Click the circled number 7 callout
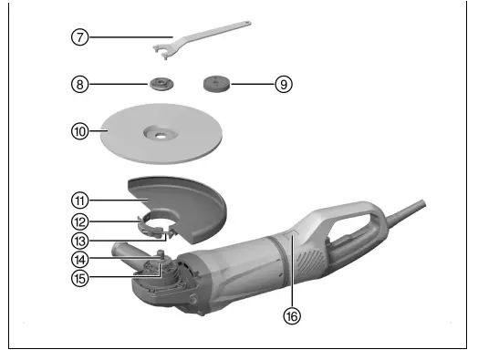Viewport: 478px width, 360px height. coord(81,37)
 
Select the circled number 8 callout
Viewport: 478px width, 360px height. coord(81,84)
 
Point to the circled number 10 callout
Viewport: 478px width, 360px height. coord(81,130)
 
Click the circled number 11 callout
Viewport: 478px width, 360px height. coord(81,197)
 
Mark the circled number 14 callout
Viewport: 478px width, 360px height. coord(81,260)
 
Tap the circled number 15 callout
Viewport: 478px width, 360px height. coord(81,278)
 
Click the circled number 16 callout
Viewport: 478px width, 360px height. coord(291,316)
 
